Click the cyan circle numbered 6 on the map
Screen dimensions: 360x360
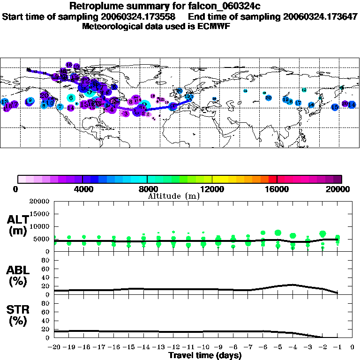tap(71, 98)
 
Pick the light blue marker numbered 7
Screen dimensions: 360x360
tap(60, 106)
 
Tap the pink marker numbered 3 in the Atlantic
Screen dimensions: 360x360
tap(125, 113)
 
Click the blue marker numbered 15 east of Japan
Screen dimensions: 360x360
tap(335, 107)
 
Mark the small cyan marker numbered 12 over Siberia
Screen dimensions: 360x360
tap(304, 90)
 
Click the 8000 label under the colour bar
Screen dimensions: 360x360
tap(147, 189)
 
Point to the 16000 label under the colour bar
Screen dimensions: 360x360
tap(277, 189)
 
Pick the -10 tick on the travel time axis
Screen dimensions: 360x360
tap(203, 347)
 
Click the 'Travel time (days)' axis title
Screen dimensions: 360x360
tap(205, 355)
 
